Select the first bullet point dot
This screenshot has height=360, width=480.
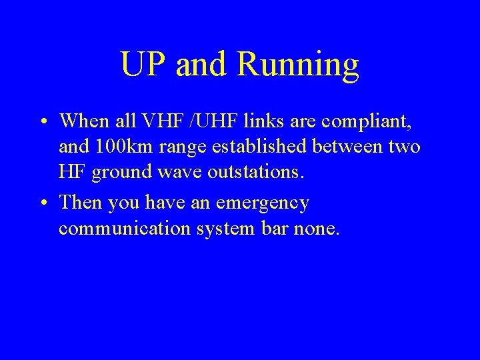click(41, 121)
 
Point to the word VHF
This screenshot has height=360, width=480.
click(179, 121)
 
